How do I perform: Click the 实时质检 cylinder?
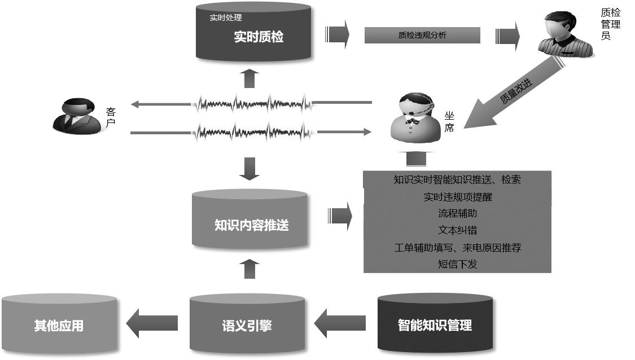[x=253, y=35]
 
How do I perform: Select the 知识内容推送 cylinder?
[x=250, y=222]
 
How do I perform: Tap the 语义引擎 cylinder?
[x=247, y=324]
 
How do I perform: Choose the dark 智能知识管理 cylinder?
[x=435, y=324]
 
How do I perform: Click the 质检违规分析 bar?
[x=422, y=35]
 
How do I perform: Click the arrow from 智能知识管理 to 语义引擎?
[x=340, y=323]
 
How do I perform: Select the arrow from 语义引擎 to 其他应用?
[x=152, y=323]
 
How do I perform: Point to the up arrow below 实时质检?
[x=249, y=78]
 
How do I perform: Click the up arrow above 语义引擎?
[x=249, y=269]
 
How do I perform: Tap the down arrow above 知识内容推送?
[x=249, y=168]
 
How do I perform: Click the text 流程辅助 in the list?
[x=457, y=213]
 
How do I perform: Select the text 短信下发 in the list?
[x=457, y=264]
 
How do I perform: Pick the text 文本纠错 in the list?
[x=457, y=230]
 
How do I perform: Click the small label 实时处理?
[x=226, y=17]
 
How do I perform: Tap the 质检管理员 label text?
[x=611, y=24]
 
